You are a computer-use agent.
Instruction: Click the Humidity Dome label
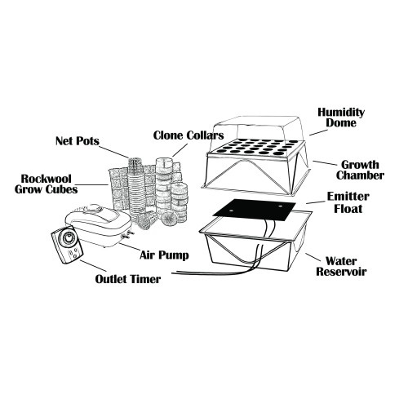point(341,118)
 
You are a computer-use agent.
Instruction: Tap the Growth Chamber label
point(360,170)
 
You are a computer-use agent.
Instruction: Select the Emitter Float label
point(348,202)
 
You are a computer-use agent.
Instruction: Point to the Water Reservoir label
point(341,266)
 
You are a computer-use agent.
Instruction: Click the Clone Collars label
point(188,135)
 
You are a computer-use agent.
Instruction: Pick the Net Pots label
point(78,141)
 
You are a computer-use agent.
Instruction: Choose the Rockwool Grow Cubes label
point(46,184)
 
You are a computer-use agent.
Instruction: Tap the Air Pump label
point(164,255)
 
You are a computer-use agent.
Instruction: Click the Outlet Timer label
point(128,279)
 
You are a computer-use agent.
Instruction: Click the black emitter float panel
point(255,210)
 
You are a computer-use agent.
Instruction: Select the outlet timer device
point(67,244)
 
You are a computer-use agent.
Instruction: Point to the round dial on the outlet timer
point(67,238)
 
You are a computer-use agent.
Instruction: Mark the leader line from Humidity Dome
point(318,132)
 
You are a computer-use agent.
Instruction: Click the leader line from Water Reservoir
point(313,257)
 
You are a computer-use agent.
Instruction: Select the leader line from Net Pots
point(113,153)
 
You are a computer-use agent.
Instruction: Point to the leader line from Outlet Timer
point(93,266)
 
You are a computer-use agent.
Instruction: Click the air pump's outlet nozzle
point(127,235)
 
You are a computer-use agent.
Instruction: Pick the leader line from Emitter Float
point(316,202)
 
